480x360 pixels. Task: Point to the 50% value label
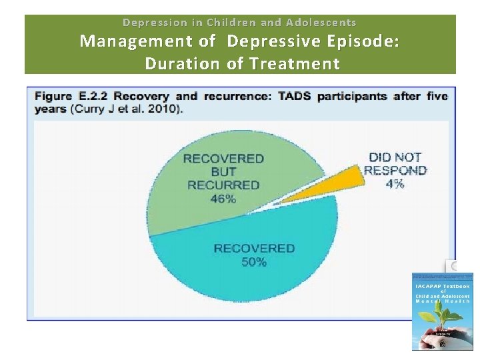click(254, 262)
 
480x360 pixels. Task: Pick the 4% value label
click(395, 183)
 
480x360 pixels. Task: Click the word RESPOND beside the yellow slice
click(395, 170)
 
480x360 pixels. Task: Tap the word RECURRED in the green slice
click(223, 185)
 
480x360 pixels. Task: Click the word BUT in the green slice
click(223, 171)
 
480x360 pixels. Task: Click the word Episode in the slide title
click(360, 41)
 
